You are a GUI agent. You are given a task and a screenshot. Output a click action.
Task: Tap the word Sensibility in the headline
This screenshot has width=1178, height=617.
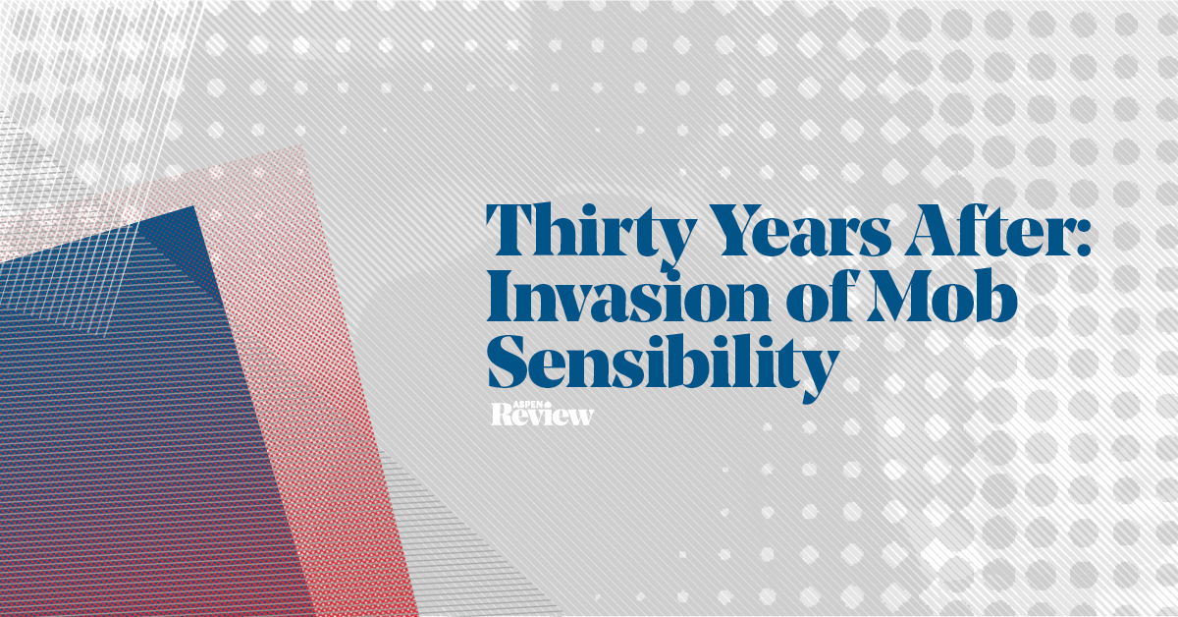tap(663, 364)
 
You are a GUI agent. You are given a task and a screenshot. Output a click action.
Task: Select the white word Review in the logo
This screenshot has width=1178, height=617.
tap(542, 416)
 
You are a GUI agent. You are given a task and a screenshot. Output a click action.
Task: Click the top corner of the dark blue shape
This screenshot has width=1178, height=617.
tap(195, 206)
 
